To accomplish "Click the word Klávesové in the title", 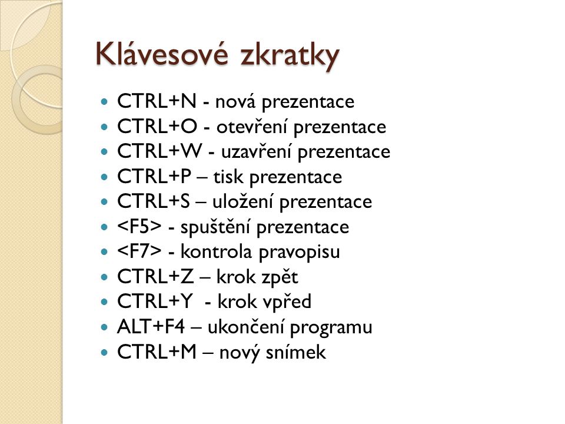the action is (x=162, y=54).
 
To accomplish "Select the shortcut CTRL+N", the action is (x=157, y=101).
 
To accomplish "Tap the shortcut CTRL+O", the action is (x=158, y=126).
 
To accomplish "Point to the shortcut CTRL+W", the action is (x=159, y=151).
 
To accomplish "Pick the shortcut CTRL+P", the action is (x=154, y=176).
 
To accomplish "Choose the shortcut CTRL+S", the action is (x=154, y=201).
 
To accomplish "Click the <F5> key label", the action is (x=139, y=226).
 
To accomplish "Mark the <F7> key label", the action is (x=139, y=251).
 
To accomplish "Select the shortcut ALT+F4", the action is (x=151, y=327).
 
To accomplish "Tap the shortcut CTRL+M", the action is (x=157, y=352).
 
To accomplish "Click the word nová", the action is (x=235, y=101).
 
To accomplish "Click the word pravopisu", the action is (x=300, y=253).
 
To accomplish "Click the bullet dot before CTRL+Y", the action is (x=105, y=302).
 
